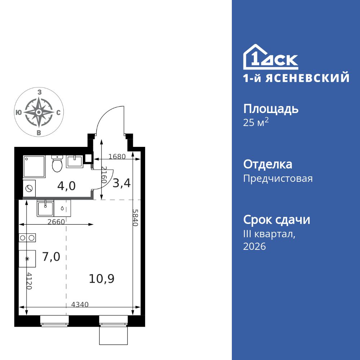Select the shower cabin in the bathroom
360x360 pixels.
tap(34, 167)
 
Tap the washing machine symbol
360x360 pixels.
tap(29, 188)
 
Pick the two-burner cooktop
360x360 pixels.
tap(27, 238)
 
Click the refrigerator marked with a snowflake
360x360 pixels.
tap(27, 259)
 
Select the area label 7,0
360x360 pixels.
tap(51, 257)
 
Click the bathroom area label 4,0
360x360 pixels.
tap(67, 186)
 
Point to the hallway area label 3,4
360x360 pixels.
tap(121, 183)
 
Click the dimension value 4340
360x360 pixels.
tap(80, 304)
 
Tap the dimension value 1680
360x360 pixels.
tap(116, 157)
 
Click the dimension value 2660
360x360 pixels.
tap(56, 222)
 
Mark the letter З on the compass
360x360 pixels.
tap(39, 93)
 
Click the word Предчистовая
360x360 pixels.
tap(278, 179)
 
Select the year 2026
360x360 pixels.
tap(255, 247)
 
